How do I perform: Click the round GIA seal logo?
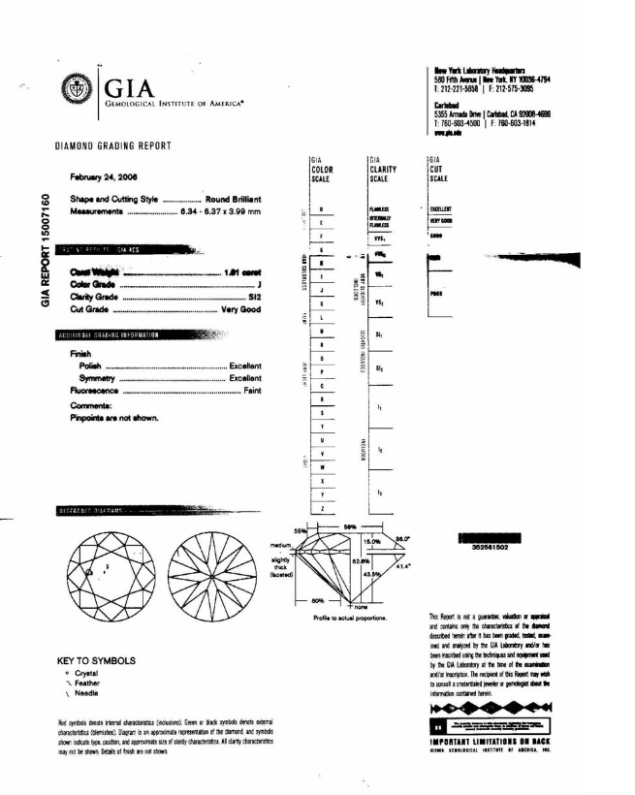(x=79, y=84)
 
